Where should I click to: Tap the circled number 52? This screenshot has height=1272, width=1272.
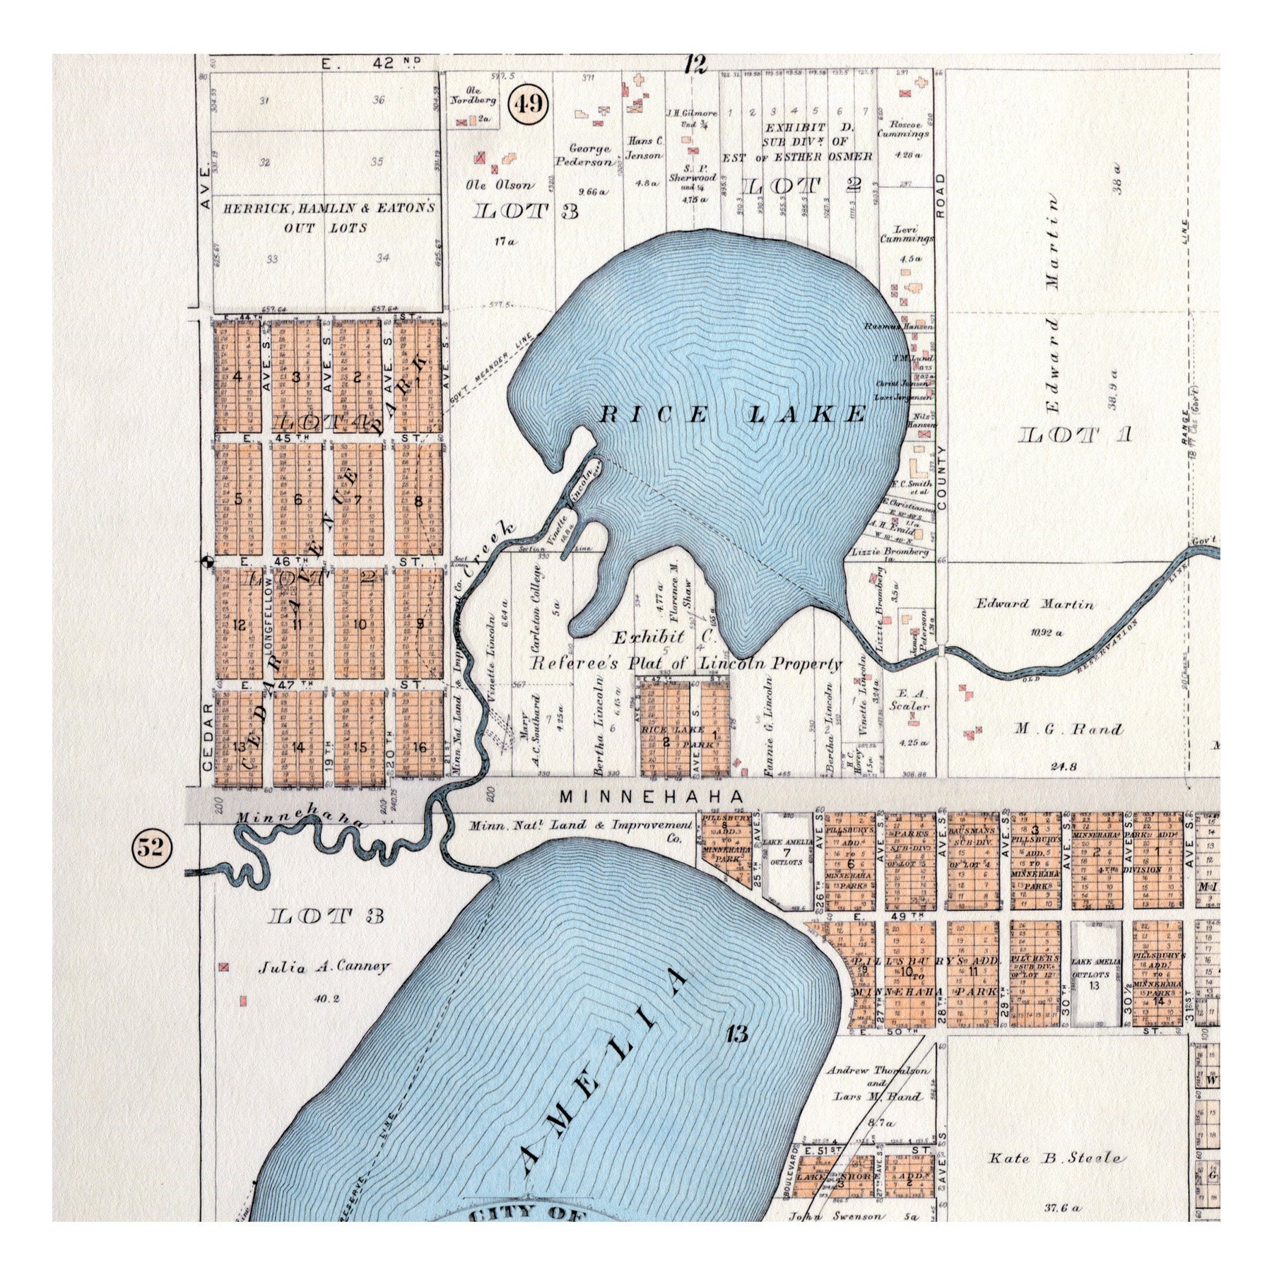pyautogui.click(x=150, y=847)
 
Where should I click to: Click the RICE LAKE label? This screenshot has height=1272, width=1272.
pyautogui.click(x=733, y=414)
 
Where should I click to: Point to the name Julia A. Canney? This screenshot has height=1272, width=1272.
pyautogui.click(x=324, y=966)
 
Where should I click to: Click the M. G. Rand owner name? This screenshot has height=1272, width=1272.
pyautogui.click(x=1068, y=730)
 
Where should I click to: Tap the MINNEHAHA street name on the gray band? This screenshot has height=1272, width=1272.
pyautogui.click(x=651, y=796)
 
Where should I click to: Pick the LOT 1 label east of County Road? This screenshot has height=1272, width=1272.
pyautogui.click(x=1076, y=435)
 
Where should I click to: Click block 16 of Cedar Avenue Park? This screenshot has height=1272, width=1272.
pyautogui.click(x=420, y=747)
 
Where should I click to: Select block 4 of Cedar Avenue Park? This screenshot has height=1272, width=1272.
pyautogui.click(x=237, y=376)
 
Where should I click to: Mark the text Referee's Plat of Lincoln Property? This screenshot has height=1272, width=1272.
pyautogui.click(x=686, y=664)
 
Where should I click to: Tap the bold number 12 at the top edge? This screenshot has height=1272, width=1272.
pyautogui.click(x=695, y=66)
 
